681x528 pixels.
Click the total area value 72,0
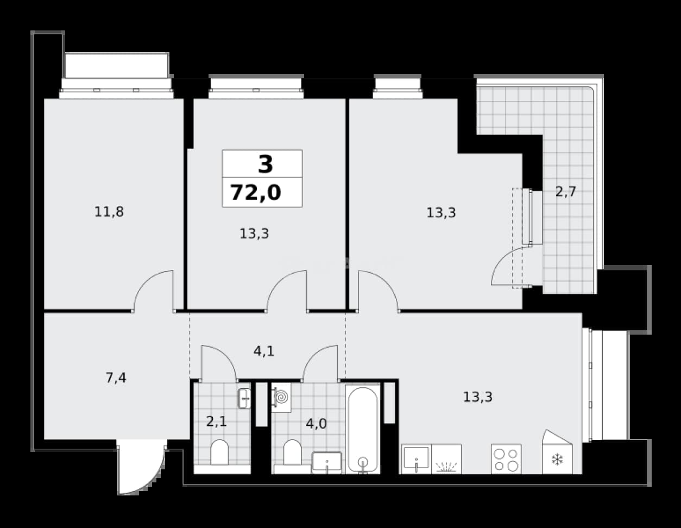256,192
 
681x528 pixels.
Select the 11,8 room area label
109,212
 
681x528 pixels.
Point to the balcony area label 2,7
566,191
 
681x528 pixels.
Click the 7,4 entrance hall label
116,378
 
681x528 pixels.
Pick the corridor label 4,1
264,351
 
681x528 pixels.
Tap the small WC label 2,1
216,422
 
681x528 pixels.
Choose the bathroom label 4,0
316,424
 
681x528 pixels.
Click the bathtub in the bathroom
363,429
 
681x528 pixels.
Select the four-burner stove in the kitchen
506,459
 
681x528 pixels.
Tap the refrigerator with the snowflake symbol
557,452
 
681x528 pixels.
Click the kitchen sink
416,459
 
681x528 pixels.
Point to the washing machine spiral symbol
281,397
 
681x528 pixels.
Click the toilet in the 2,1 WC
219,452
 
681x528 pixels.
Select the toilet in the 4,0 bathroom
292,452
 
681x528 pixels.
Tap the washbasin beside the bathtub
327,462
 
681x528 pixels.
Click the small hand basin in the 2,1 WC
244,398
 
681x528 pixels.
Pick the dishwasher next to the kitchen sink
446,459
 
